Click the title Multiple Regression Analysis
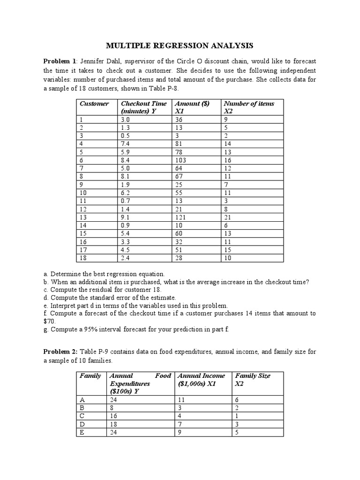[x=180, y=45]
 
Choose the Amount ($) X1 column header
[x=192, y=107]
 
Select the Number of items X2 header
[x=249, y=107]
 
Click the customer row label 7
[x=81, y=168]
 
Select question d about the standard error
[x=113, y=297]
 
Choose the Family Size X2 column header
[x=253, y=379]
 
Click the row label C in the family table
[x=82, y=415]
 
